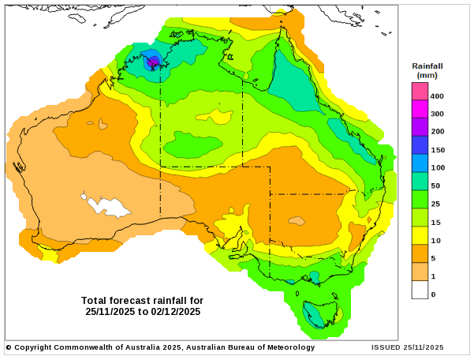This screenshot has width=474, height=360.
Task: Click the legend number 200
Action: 438,132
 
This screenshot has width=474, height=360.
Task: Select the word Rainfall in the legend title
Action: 427,66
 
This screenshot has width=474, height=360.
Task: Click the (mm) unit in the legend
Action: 427,75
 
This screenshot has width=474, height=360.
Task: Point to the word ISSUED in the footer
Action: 386,347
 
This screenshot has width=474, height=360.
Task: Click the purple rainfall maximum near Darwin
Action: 154,60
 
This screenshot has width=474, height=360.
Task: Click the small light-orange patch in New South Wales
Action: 297,221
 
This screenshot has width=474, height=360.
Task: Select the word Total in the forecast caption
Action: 94,300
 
